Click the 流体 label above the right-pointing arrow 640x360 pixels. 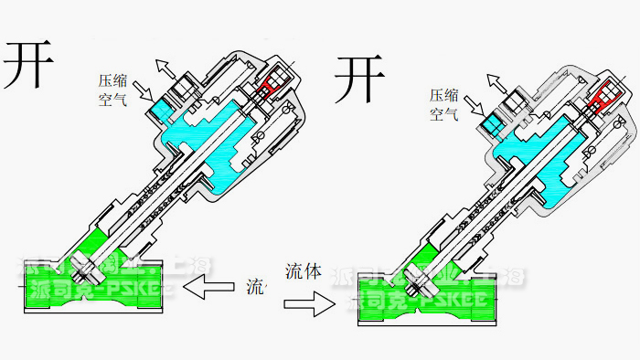click(x=305, y=271)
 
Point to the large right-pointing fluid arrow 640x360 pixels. click(x=311, y=304)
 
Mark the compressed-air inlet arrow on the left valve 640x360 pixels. click(x=143, y=90)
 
